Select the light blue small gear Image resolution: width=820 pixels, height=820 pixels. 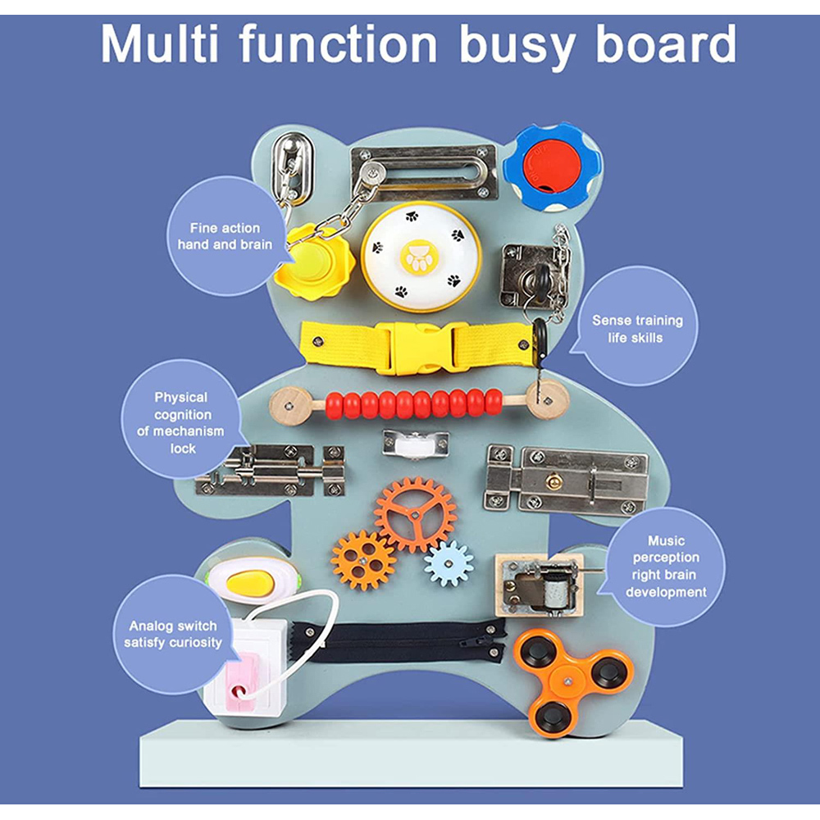pyautogui.click(x=449, y=563)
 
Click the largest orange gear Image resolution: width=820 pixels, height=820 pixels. pyautogui.click(x=416, y=514)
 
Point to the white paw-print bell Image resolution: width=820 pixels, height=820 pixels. pyautogui.click(x=410, y=255)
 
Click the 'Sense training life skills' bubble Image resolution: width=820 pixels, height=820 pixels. pyautogui.click(x=636, y=328)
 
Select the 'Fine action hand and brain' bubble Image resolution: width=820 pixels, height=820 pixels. pyautogui.click(x=224, y=236)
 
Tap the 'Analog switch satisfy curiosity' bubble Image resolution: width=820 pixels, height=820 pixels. pyautogui.click(x=173, y=634)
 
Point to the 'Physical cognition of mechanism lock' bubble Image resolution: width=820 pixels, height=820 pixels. pyautogui.click(x=182, y=422)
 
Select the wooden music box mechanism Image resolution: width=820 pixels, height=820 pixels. pyautogui.click(x=540, y=584)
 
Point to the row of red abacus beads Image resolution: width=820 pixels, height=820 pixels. pyautogui.click(x=414, y=403)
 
